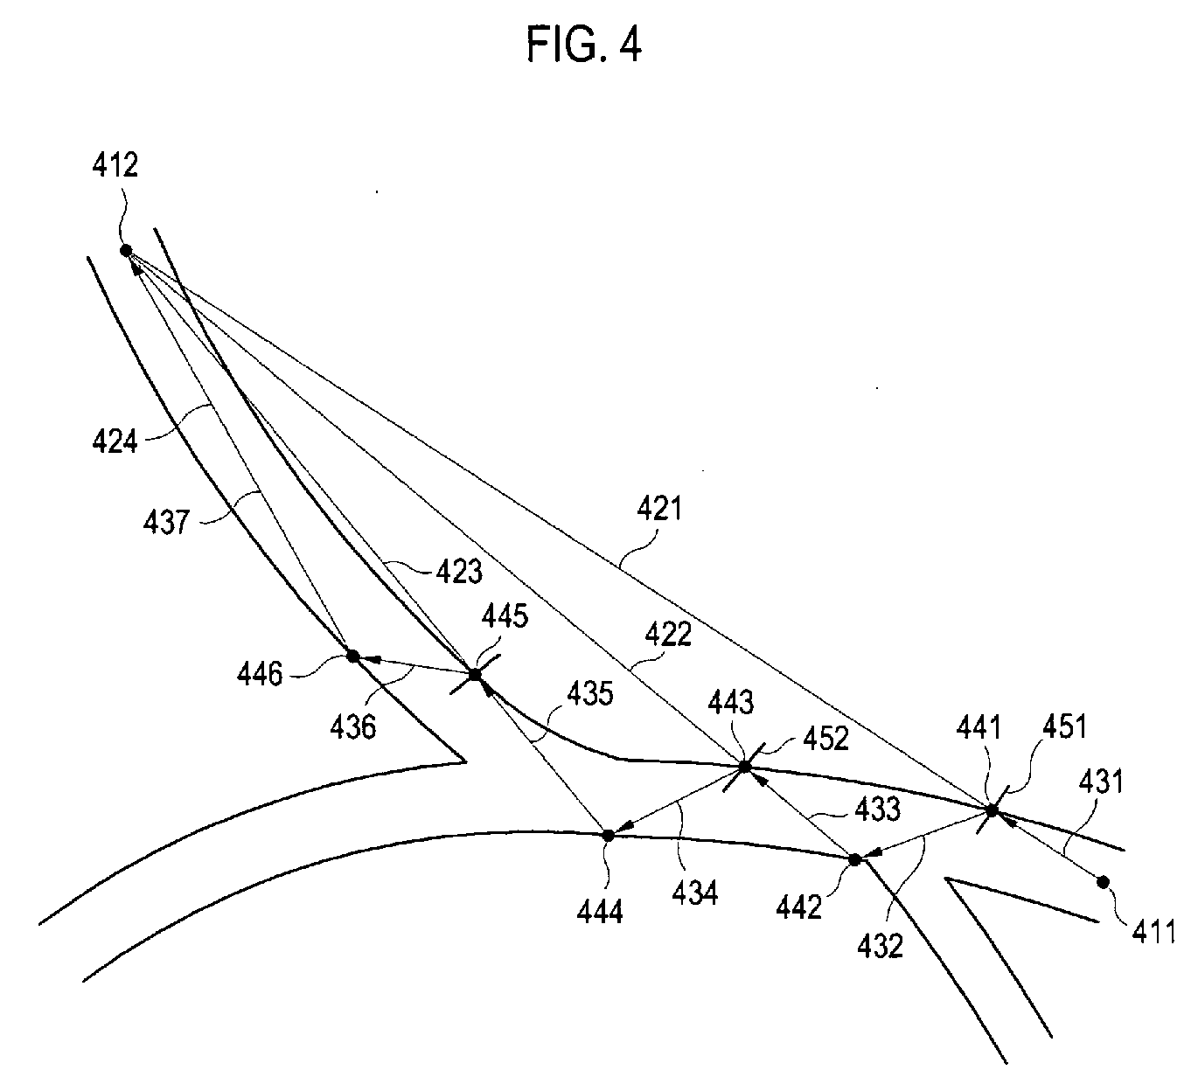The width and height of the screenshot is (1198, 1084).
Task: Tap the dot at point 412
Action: pos(126,250)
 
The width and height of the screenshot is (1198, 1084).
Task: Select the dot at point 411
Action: pos(1103,881)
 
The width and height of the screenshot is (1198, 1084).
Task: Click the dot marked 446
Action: pos(353,656)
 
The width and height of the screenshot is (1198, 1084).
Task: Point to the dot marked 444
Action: pos(609,835)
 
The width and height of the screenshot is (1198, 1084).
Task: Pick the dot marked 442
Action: pos(855,859)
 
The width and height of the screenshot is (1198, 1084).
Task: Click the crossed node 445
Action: pos(475,675)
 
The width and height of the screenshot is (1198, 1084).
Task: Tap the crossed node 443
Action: pos(745,767)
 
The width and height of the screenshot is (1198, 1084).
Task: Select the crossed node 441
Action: pos(992,810)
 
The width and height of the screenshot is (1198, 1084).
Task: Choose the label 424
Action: pos(115,440)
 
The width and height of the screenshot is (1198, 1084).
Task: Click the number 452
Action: pos(825,739)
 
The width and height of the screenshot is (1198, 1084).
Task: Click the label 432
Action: pos(880,945)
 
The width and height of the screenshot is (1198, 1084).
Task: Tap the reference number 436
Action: pos(352,726)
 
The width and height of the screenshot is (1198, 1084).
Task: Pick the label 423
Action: pos(456,571)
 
